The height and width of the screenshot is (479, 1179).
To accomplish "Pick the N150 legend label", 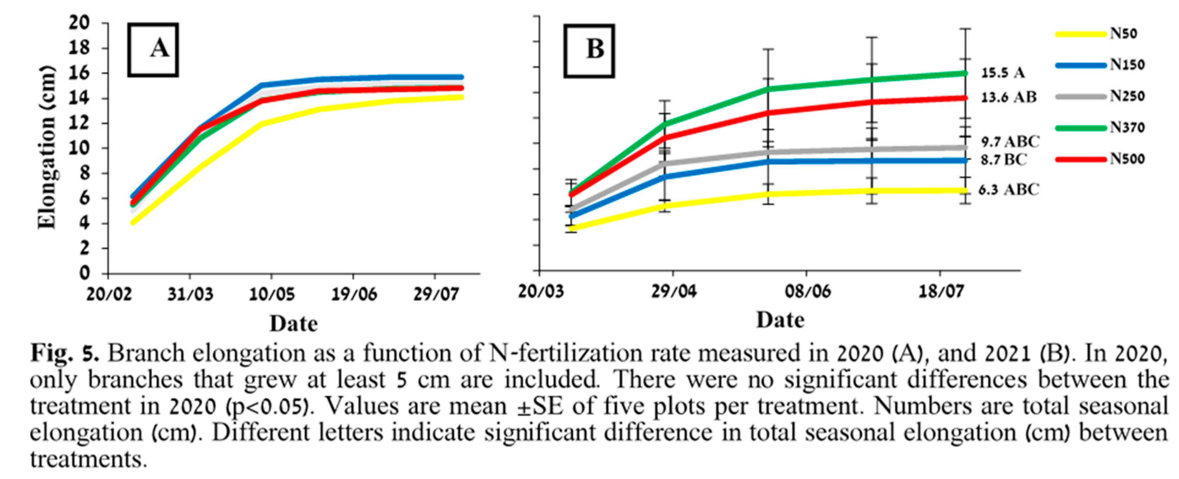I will [1127, 65].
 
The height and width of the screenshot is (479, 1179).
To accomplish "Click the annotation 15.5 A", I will [1002, 73].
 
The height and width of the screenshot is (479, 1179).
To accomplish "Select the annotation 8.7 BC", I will [1003, 160].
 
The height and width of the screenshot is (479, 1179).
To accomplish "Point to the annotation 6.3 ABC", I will [1008, 190].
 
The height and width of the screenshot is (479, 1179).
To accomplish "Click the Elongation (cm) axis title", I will [47, 147].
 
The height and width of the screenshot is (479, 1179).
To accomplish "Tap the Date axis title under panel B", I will [780, 320].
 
